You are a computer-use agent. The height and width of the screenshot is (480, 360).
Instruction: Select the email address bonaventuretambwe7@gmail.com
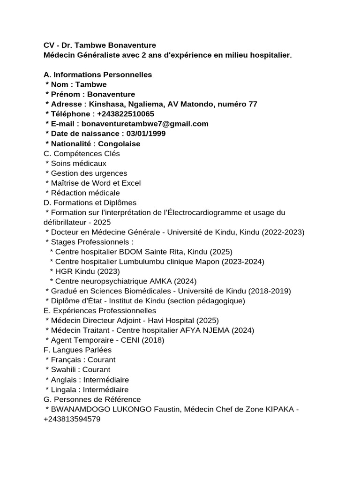(145, 124)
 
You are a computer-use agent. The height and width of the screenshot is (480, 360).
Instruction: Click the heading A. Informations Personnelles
(97, 75)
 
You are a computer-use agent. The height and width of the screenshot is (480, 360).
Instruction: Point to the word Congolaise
(119, 143)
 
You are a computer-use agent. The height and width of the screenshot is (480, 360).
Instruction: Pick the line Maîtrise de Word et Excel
(96, 183)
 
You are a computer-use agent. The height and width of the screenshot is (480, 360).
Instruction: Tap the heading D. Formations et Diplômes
(90, 202)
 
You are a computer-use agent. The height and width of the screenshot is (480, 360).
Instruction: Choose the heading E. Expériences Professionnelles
(99, 311)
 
